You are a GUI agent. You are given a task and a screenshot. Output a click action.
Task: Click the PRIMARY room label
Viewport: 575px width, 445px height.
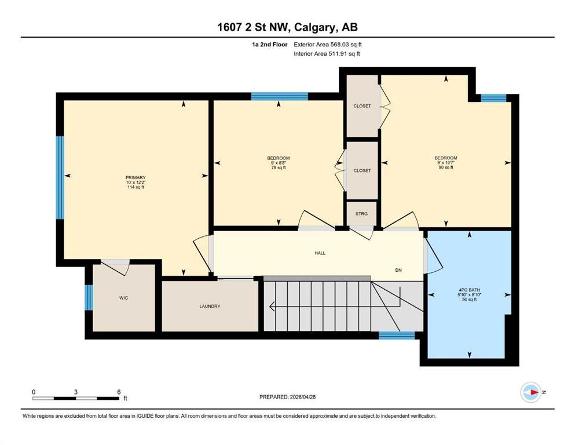[135, 177]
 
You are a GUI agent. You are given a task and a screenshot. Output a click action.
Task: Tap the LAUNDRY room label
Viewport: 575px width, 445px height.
[210, 307]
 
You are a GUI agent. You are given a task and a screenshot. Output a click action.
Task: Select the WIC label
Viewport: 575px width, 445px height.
[123, 298]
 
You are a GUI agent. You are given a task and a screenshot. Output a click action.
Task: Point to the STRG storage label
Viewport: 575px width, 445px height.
[361, 213]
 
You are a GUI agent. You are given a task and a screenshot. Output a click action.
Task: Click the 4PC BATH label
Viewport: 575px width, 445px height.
[470, 290]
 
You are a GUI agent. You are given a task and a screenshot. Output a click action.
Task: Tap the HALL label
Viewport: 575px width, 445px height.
[320, 253]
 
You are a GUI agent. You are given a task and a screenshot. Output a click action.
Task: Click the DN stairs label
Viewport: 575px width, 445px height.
[398, 270]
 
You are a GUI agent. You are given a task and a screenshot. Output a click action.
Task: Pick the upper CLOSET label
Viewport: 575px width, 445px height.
[362, 106]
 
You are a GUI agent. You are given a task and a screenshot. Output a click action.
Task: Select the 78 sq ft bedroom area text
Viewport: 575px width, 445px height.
[279, 167]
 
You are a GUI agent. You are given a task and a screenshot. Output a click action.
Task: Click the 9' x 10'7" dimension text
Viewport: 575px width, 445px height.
[446, 162]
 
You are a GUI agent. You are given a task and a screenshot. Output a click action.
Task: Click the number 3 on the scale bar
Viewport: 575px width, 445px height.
[75, 392]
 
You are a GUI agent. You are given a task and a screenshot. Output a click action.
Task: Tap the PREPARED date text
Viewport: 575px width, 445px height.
[287, 397]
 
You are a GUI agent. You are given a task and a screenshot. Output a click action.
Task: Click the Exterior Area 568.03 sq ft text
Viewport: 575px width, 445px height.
[328, 45]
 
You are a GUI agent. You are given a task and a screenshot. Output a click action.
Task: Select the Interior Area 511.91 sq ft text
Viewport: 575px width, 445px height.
[327, 54]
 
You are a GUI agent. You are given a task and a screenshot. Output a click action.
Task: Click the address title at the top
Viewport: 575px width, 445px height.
[287, 27]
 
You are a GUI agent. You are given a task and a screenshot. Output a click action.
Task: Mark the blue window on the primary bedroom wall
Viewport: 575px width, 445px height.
[60, 177]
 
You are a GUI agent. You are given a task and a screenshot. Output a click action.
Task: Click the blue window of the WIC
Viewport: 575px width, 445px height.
[89, 297]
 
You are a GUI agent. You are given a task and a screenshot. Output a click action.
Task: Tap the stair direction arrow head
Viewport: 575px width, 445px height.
[272, 305]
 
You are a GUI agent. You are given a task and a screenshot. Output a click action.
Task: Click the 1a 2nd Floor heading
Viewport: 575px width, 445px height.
[269, 45]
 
